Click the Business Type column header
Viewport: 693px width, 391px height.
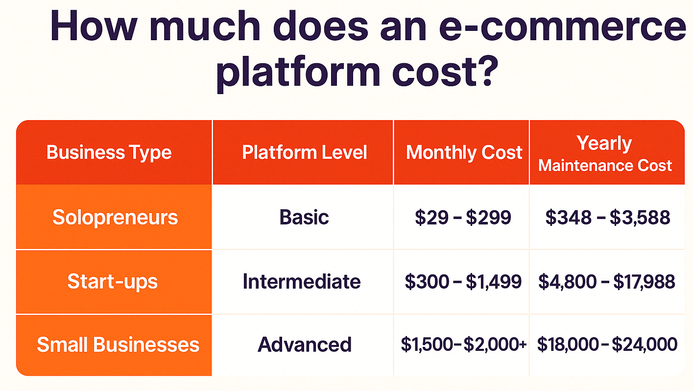[109, 152]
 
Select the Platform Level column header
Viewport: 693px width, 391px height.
[305, 152]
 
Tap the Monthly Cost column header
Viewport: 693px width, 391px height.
[464, 152]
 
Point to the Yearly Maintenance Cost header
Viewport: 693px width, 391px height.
[605, 153]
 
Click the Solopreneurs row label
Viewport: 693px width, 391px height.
[115, 218]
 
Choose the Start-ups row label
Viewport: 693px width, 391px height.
[113, 281]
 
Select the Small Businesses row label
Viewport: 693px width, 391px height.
[118, 344]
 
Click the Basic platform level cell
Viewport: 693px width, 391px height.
[304, 217]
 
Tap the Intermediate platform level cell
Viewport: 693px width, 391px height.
[302, 281]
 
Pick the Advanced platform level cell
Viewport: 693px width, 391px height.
[305, 344]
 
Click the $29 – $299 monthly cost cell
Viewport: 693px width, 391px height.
[463, 218]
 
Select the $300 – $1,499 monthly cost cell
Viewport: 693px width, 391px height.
[463, 282]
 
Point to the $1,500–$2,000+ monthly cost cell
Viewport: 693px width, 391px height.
[464, 344]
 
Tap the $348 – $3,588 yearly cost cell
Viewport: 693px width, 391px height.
[608, 218]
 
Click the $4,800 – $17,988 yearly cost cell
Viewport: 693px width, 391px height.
[607, 282]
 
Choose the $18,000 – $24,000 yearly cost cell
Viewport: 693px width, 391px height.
[607, 344]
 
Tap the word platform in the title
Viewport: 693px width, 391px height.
[298, 72]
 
